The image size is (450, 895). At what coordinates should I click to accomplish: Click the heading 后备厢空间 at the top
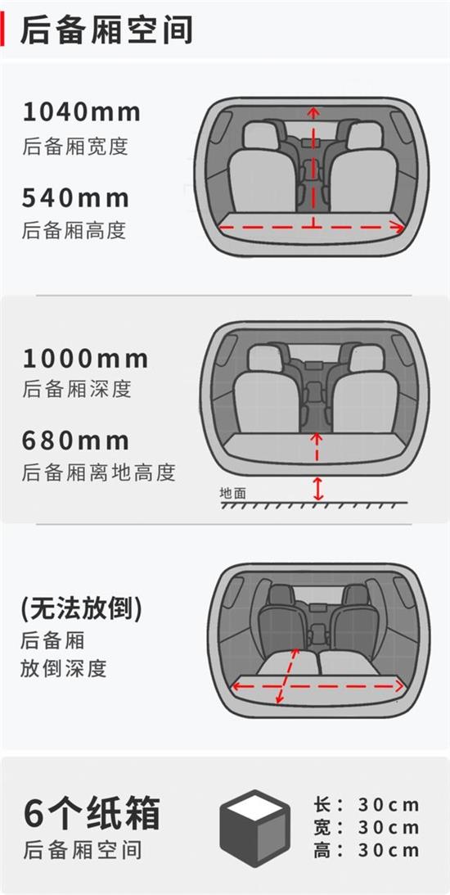coord(106,30)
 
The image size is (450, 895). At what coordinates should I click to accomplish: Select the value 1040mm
coord(81,111)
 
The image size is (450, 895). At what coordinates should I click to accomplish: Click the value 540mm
coord(75,197)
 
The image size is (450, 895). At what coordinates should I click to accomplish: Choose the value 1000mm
coord(85,359)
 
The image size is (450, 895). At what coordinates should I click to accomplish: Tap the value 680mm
coord(75,441)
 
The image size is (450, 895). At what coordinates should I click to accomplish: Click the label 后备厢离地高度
coord(98,473)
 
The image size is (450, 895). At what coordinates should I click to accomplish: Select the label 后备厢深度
coord(76,389)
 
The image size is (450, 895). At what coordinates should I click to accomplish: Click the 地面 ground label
coord(232,493)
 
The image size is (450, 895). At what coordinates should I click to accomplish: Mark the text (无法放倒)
coord(81,608)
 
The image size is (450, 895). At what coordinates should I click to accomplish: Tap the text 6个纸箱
coord(92,812)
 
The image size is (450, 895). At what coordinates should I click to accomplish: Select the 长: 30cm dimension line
coord(366,805)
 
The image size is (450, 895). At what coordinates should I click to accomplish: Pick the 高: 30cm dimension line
coord(366,850)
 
